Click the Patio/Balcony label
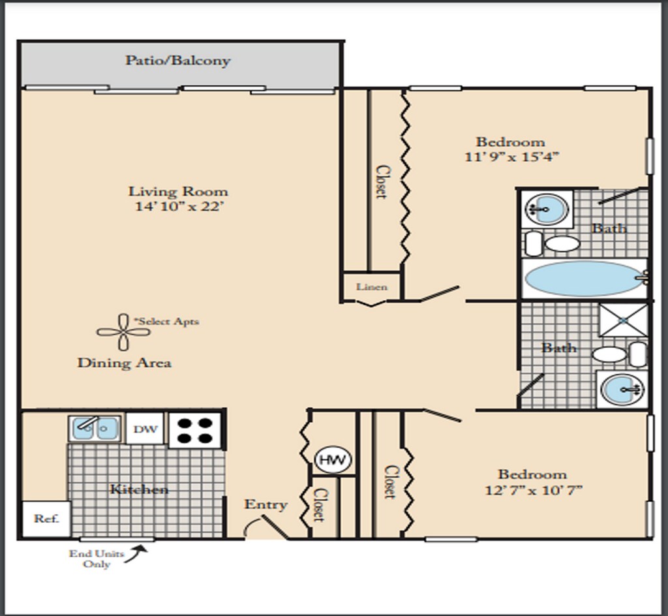(x=177, y=60)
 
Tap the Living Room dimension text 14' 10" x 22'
(x=179, y=206)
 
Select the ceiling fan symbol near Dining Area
(x=123, y=332)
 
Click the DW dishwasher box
(x=145, y=429)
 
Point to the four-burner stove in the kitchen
(x=194, y=430)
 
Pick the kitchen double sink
(x=95, y=428)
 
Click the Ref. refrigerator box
(x=46, y=519)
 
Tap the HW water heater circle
(x=333, y=459)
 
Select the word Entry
(x=266, y=504)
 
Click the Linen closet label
(x=372, y=286)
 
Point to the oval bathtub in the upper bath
(x=584, y=279)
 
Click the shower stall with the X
(x=623, y=320)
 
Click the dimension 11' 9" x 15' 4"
(x=511, y=157)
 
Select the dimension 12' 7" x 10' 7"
(x=534, y=490)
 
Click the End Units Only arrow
(x=136, y=554)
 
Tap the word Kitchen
(x=139, y=489)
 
